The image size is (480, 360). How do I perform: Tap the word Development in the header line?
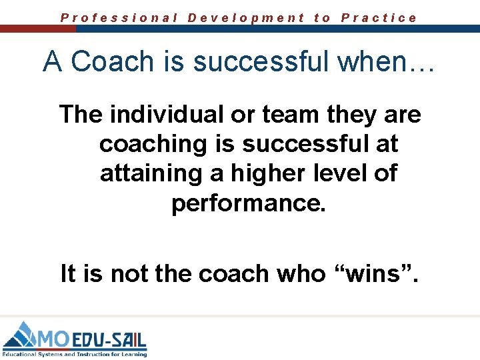coord(246,18)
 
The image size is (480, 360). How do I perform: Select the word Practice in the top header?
coord(379,18)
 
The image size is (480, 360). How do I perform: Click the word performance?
coord(249,203)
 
